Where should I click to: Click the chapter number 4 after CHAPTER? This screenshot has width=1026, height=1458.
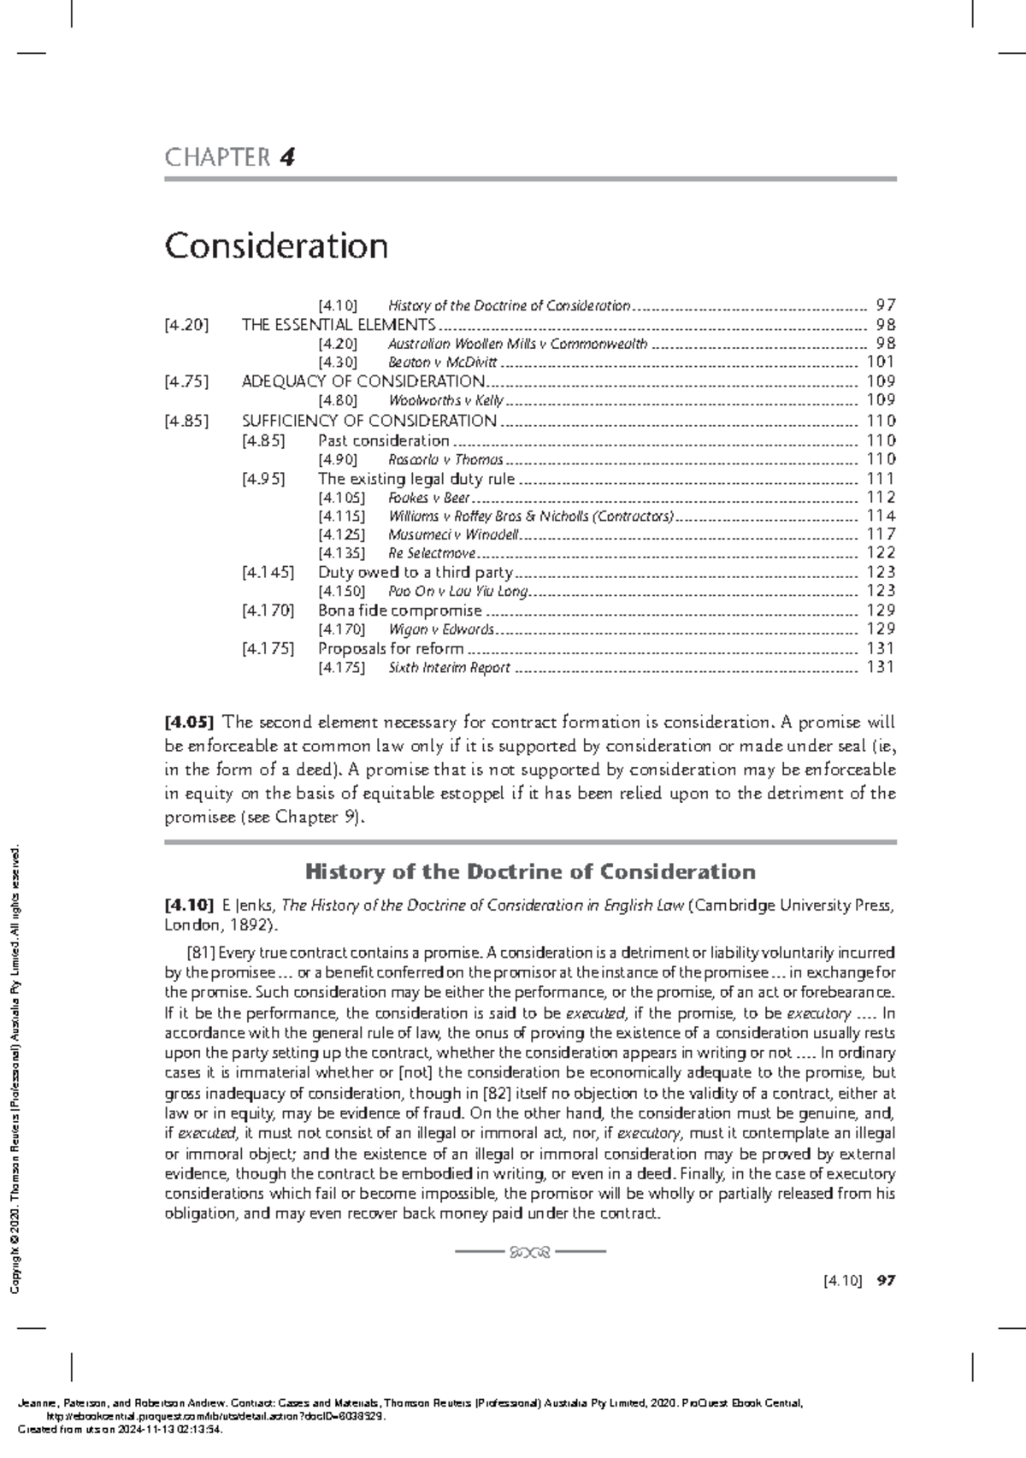point(287,157)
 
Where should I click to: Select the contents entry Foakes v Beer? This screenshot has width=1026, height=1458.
point(428,498)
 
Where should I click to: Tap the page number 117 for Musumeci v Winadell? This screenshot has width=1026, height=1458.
point(880,534)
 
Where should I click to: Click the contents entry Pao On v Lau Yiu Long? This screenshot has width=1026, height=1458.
point(458,591)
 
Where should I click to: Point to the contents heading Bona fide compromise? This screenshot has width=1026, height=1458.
point(399,611)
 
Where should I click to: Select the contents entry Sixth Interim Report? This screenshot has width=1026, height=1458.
point(449,668)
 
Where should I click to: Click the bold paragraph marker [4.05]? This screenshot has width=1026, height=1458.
point(189,723)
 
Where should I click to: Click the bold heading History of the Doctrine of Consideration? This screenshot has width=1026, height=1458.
point(530,871)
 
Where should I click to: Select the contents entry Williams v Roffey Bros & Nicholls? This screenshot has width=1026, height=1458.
point(530,516)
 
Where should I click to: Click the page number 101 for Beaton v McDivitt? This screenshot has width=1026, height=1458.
point(880,363)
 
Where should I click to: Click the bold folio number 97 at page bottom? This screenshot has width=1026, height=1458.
point(886,1281)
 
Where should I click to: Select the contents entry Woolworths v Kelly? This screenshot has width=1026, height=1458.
point(445,400)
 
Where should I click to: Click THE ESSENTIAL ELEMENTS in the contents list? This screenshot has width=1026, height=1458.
point(339,325)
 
